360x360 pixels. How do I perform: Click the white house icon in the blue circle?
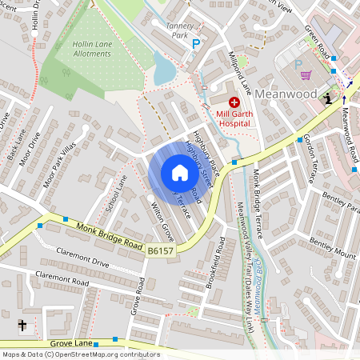(180, 173)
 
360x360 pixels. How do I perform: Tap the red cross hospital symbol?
(234, 102)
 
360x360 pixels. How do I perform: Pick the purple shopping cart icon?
(306, 75)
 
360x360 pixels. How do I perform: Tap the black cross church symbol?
(22, 326)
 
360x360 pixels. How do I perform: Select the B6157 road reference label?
(160, 251)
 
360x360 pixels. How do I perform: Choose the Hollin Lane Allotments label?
(85, 49)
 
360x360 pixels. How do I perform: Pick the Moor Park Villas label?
(59, 168)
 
